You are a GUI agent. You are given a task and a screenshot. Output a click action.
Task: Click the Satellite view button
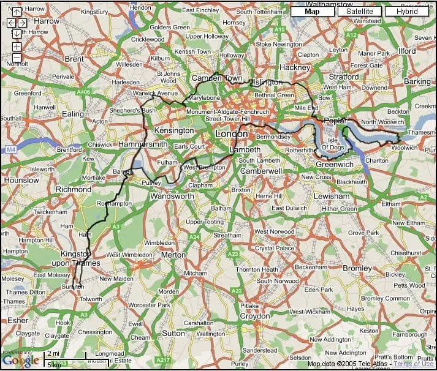click(359, 11)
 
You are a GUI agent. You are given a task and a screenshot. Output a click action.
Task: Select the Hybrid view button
click(406, 11)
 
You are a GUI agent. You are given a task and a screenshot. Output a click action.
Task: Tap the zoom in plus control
click(17, 47)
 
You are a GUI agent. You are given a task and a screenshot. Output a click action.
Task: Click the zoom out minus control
click(17, 58)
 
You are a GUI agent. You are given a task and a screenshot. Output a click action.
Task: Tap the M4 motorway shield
click(11, 149)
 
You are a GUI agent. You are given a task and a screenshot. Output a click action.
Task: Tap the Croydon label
click(254, 316)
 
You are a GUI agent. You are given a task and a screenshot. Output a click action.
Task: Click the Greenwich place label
click(335, 164)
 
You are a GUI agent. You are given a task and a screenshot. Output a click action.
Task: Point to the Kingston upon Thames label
click(80, 258)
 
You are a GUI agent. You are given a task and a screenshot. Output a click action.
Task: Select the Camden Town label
click(217, 78)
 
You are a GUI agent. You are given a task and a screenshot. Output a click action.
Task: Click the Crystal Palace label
click(273, 249)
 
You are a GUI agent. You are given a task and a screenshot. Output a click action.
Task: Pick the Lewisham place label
click(331, 196)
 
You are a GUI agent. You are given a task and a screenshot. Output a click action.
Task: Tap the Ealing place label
click(73, 114)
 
